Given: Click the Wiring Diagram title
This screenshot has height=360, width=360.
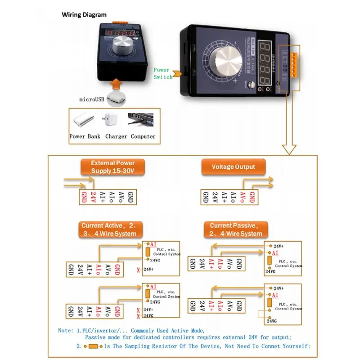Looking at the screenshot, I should [84, 14].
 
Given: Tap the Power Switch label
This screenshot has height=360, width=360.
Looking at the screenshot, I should [162, 73].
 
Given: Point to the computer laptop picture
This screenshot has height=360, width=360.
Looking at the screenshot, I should [142, 120].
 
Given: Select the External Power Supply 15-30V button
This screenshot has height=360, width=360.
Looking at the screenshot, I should [112, 167].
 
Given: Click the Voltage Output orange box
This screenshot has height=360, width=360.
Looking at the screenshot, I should [233, 167].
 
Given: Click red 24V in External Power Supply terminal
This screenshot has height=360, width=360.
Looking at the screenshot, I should [94, 197].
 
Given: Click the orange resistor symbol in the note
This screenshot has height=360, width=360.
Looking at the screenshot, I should [94, 346].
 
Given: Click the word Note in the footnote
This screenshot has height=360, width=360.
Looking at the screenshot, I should [66, 330].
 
